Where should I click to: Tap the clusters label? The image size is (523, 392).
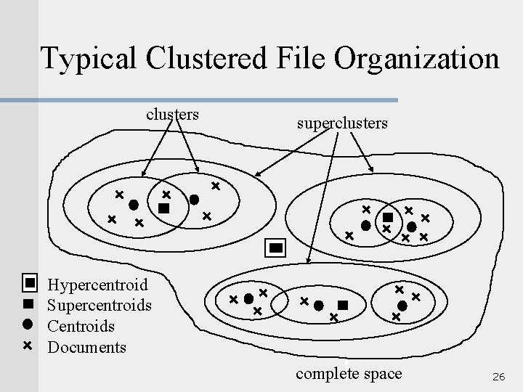point(173,114)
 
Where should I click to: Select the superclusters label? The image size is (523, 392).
point(342,123)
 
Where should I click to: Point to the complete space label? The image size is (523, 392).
point(349,373)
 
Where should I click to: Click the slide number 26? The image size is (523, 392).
point(498,377)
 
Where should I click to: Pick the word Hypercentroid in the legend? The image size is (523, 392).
point(97,284)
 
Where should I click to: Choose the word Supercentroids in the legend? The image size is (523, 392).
point(100,305)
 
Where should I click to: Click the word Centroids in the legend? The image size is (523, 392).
point(81,326)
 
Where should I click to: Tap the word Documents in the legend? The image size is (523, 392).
point(86,347)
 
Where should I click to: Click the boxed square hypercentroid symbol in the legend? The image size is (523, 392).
point(30,282)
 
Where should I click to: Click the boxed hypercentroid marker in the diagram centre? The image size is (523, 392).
point(276,248)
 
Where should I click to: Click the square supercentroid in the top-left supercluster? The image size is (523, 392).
point(163,208)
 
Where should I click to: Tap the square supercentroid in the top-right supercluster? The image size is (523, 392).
point(388,217)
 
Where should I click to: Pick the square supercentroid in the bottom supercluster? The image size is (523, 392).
point(343,306)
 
